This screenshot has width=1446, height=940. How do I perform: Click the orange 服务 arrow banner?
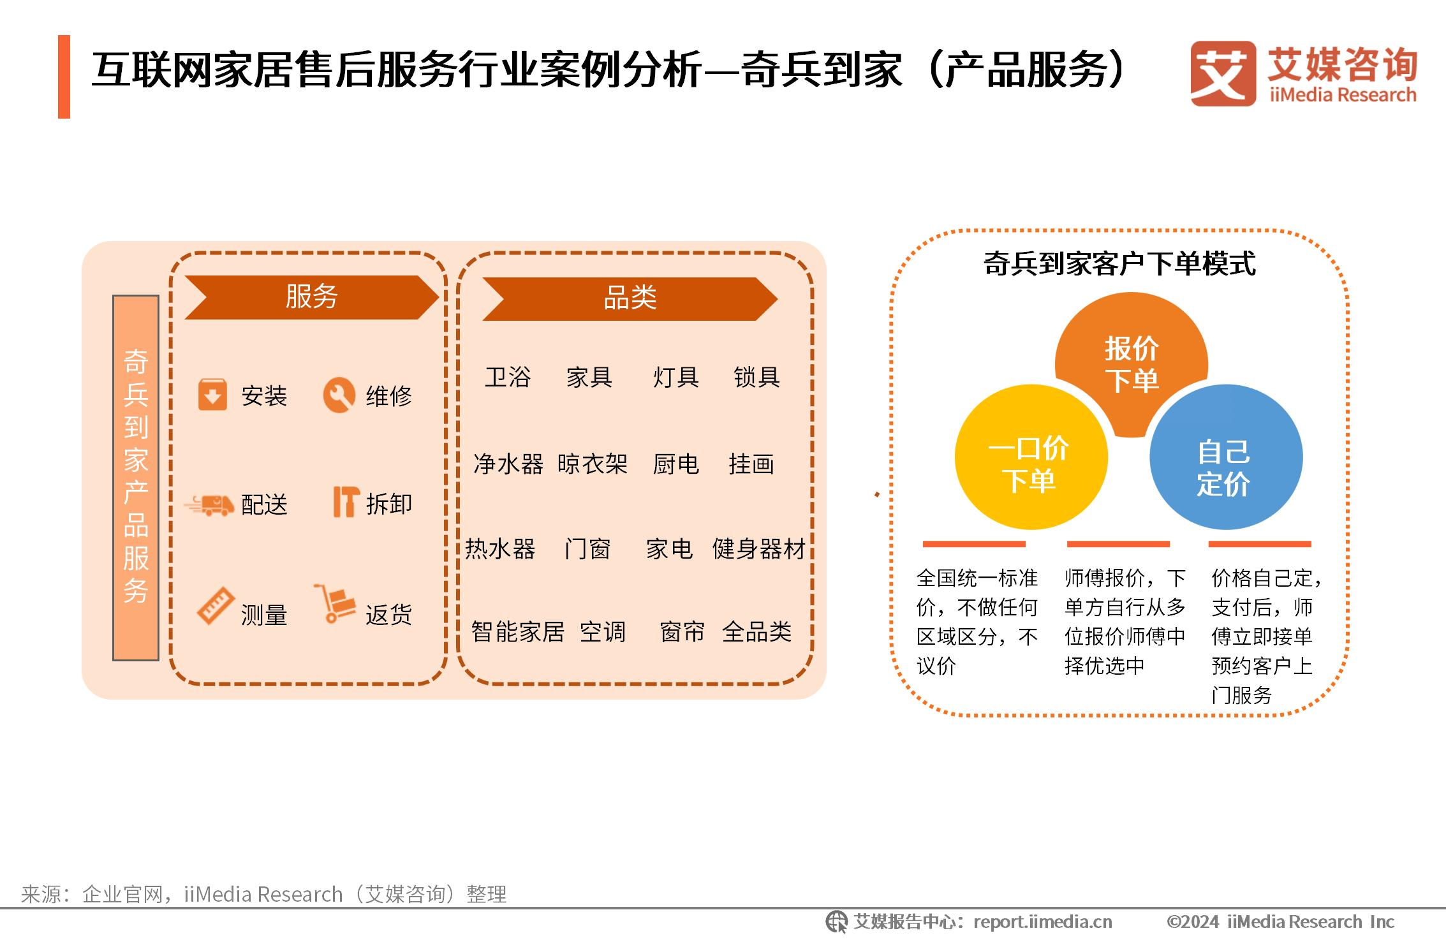coord(311,297)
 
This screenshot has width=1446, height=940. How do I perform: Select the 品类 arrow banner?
coord(630,298)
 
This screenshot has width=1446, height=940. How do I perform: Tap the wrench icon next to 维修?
coord(339,395)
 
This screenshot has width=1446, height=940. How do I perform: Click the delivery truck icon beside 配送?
coord(209,505)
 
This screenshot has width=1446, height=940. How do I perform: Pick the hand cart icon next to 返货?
coord(334,603)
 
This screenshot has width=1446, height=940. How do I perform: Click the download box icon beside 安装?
coord(212,395)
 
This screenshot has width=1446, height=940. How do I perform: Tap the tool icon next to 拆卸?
coord(346,502)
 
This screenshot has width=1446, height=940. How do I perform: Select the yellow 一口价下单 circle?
coord(1031,457)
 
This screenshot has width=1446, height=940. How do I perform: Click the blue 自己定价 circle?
coord(1226,457)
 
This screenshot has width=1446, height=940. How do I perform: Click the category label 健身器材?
coord(759,549)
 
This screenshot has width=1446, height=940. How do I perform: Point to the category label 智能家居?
coord(518,632)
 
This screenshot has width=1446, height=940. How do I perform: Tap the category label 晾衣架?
coord(593,464)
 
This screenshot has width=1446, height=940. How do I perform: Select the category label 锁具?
coord(756,378)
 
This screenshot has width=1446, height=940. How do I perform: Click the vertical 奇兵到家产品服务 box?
coord(136,478)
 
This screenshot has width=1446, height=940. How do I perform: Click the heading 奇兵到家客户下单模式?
coord(1119,263)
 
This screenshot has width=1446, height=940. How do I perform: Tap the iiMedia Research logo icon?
coord(1223,73)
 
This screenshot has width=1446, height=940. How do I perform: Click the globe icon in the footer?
coord(836,922)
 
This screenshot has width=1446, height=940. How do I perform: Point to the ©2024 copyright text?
coord(1280,922)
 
